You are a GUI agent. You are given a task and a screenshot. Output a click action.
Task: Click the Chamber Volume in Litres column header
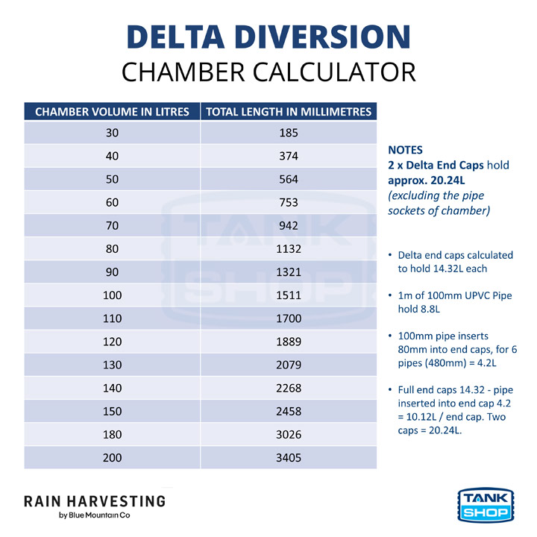pyautogui.click(x=112, y=112)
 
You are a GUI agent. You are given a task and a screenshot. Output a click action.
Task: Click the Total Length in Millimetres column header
pyautogui.click(x=289, y=112)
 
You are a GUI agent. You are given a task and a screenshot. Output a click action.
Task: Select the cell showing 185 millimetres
pyautogui.click(x=289, y=133)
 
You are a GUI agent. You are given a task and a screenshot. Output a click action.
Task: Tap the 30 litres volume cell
pyautogui.click(x=112, y=133)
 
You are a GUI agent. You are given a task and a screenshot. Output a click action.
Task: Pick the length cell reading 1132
pyautogui.click(x=289, y=249)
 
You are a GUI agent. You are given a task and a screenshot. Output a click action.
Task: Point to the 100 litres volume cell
pyautogui.click(x=112, y=295)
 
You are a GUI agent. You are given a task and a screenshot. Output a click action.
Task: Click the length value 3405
pyautogui.click(x=289, y=457)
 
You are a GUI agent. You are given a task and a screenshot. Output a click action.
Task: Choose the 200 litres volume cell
pyautogui.click(x=112, y=457)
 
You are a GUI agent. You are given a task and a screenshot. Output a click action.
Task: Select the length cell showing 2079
pyautogui.click(x=289, y=365)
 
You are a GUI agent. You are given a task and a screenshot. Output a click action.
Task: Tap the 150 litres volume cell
pyautogui.click(x=112, y=411)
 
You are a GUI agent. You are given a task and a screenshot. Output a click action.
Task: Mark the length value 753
pyautogui.click(x=289, y=202)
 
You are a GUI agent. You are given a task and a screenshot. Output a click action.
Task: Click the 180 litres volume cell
pyautogui.click(x=112, y=434)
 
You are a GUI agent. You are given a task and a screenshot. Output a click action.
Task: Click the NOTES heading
pyautogui.click(x=405, y=150)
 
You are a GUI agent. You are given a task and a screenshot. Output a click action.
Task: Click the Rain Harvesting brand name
pyautogui.click(x=95, y=500)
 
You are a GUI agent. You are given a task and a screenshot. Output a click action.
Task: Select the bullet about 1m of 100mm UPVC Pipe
pyautogui.click(x=455, y=301)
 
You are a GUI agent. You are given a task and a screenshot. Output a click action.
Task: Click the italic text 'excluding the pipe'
pyautogui.click(x=436, y=195)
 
